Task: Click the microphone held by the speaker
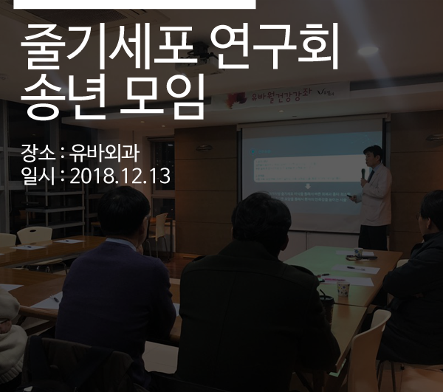coord(363,174)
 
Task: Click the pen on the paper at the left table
coord(56,300)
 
